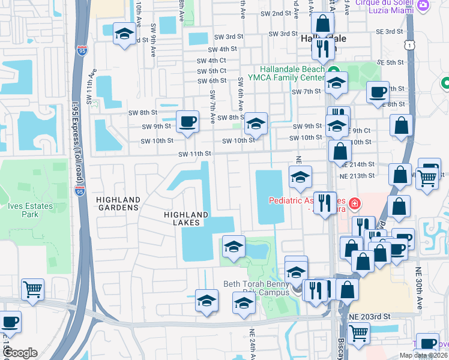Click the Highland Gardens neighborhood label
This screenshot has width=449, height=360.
tap(117, 203)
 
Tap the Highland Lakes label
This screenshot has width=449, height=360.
tap(187, 218)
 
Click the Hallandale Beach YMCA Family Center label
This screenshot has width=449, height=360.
tap(292, 73)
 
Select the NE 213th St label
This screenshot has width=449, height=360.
tap(357, 175)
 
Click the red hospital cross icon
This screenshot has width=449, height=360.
tap(355, 204)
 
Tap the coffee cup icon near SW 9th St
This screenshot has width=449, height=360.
tap(187, 122)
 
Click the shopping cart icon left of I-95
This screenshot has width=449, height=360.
tap(32, 289)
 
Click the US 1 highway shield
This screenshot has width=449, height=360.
tap(409, 44)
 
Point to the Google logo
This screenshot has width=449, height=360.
tap(20, 353)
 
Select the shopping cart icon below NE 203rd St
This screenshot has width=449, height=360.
tap(358, 334)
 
